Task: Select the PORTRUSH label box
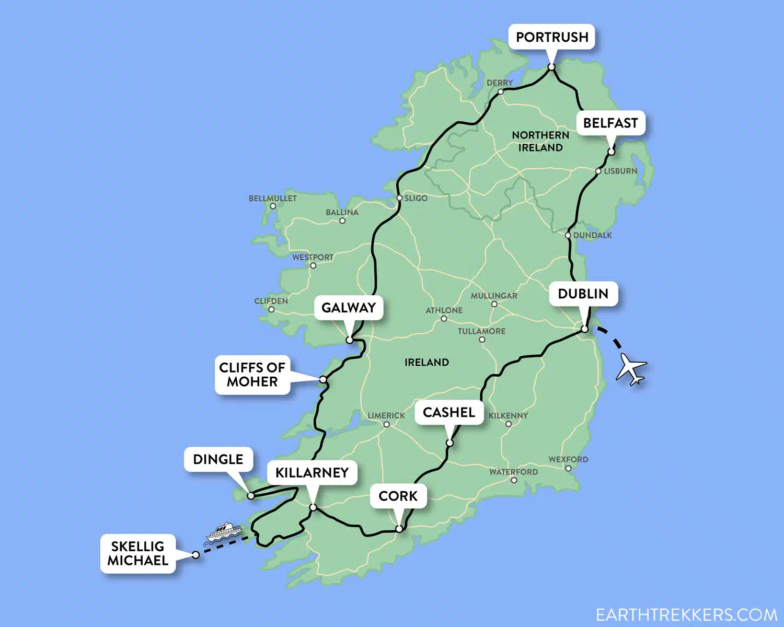[x=552, y=37]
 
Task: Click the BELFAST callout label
[x=610, y=123]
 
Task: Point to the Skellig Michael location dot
[x=195, y=555]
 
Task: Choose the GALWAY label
[x=349, y=308]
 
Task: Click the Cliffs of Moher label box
[x=252, y=375]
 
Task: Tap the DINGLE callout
[x=218, y=459]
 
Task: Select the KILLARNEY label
[x=312, y=473]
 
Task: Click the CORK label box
[x=398, y=496]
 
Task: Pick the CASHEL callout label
[x=449, y=412]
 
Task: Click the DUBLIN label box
[x=583, y=294]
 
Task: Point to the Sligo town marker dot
[x=400, y=198]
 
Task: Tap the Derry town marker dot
[x=500, y=91]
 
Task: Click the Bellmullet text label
[x=272, y=199]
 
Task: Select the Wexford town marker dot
[x=568, y=468]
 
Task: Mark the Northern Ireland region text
[x=540, y=141]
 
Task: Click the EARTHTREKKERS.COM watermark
[x=686, y=614]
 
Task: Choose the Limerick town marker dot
[x=387, y=424]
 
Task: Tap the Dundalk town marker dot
[x=568, y=235]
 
